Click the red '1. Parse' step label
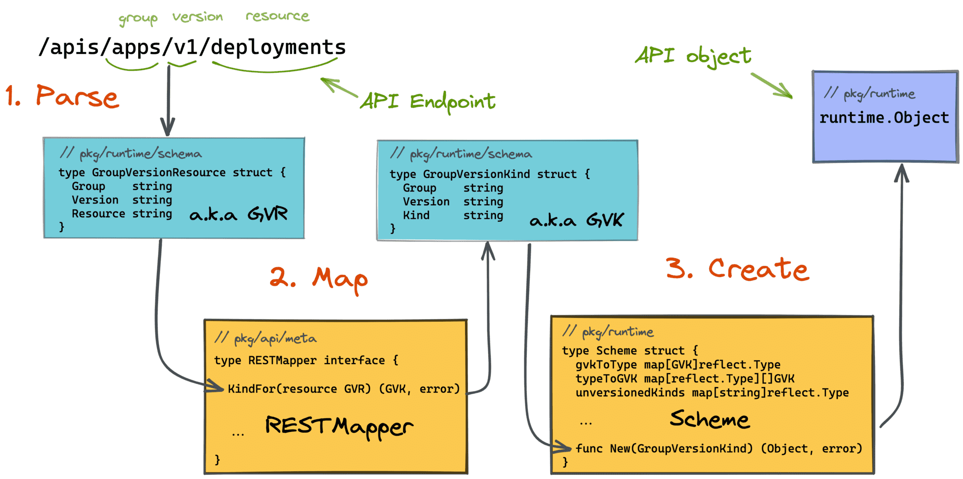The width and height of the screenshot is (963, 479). click(63, 96)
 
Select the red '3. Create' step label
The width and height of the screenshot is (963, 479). click(737, 269)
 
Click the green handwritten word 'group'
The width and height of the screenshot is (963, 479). click(138, 18)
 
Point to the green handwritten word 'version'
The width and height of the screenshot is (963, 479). click(197, 17)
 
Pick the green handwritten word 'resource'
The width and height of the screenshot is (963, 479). click(277, 16)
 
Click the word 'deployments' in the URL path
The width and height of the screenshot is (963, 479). click(278, 47)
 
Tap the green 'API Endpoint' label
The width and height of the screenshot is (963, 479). click(428, 101)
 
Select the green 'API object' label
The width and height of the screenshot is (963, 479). click(693, 56)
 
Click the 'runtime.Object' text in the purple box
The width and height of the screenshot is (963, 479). click(884, 118)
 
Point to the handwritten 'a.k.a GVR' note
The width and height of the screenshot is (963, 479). click(238, 214)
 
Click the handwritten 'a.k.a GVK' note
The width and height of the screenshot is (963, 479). click(576, 220)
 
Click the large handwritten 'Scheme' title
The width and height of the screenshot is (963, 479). click(710, 419)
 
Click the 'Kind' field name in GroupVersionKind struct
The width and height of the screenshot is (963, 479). click(416, 215)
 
